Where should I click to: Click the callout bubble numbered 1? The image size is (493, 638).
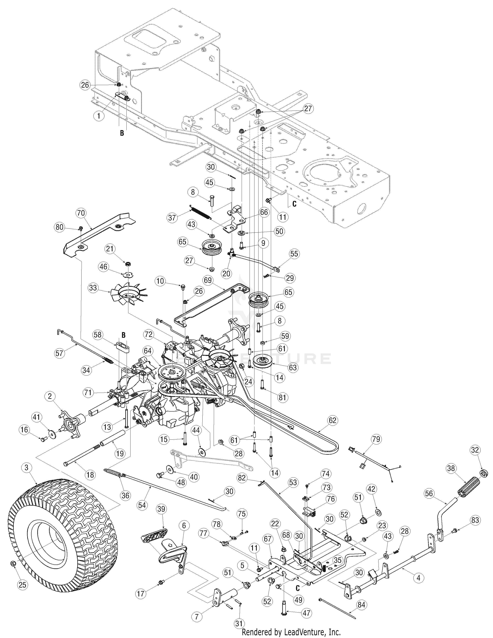coord(99,116)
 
